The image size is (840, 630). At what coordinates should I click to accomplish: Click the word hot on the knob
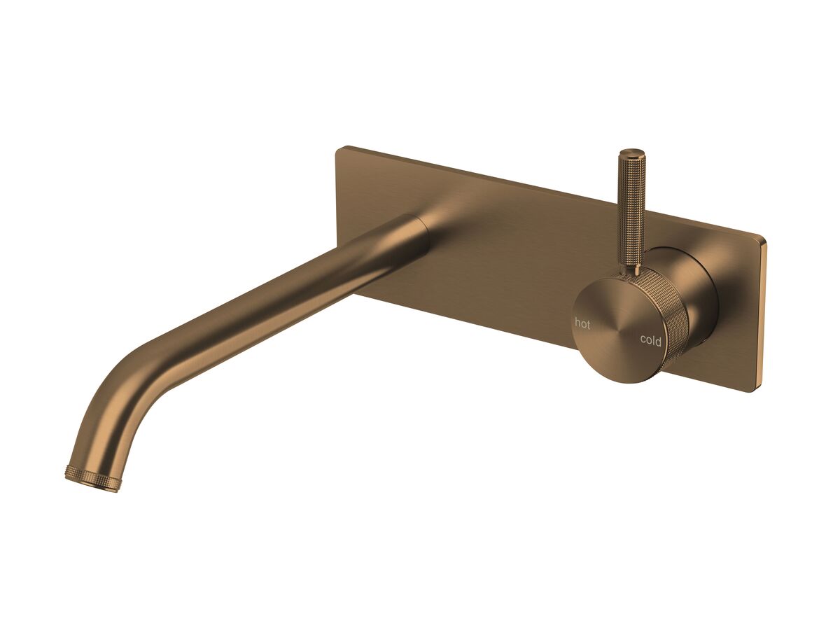click(582, 323)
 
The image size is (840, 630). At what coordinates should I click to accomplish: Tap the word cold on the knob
click(650, 341)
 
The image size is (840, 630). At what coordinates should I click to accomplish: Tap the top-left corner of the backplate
click(339, 149)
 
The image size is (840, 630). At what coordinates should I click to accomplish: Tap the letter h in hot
click(577, 323)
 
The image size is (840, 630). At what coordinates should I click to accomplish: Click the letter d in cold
click(658, 341)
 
